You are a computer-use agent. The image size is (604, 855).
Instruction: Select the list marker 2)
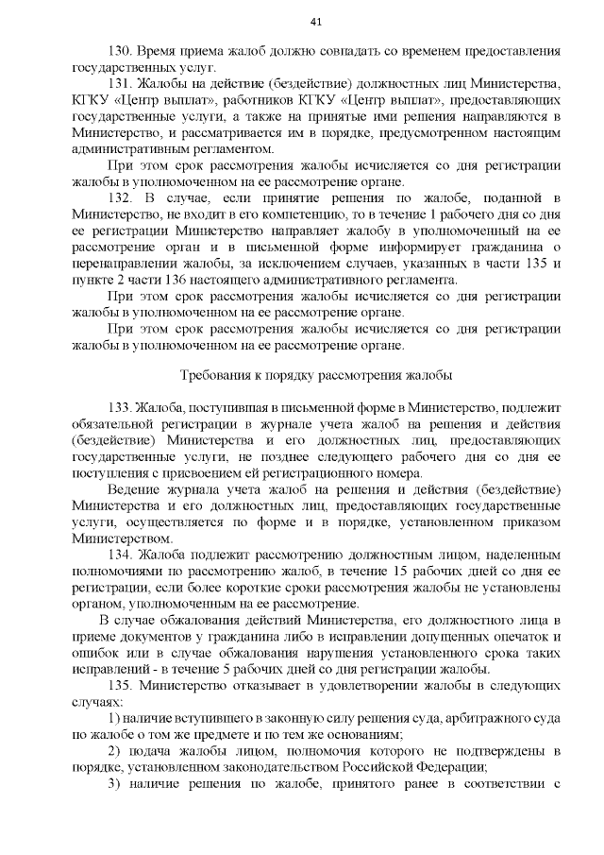[x=114, y=750]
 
